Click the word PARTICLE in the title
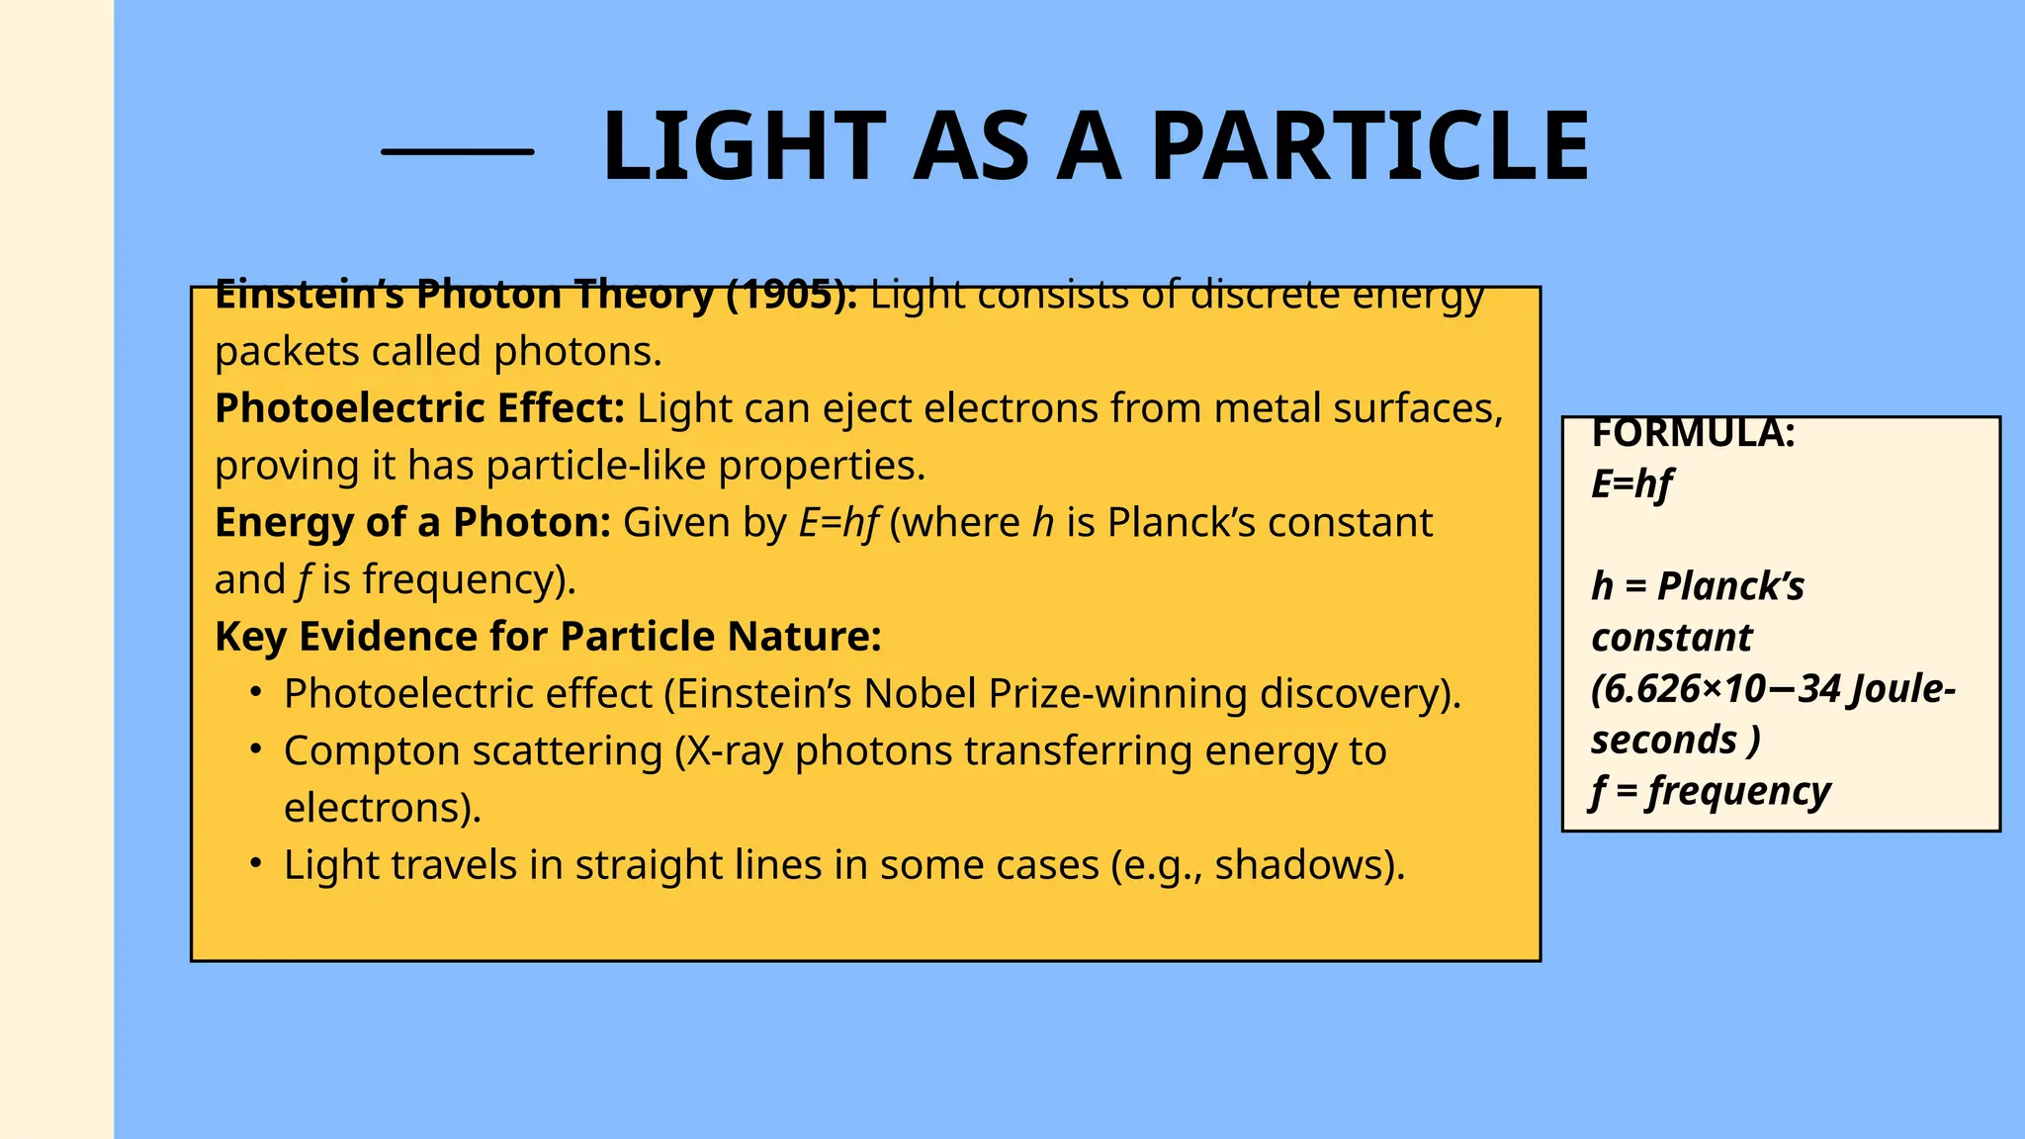pyautogui.click(x=1369, y=146)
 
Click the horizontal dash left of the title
pyautogui.click(x=457, y=151)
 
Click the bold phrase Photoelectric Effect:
pyautogui.click(x=419, y=408)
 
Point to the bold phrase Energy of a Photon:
pyautogui.click(x=412, y=522)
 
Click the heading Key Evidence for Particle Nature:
pyautogui.click(x=547, y=636)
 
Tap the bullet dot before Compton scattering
pyautogui.click(x=255, y=750)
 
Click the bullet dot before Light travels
pyautogui.click(x=255, y=864)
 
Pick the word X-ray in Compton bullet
pyautogui.click(x=735, y=751)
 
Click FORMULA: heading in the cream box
pyautogui.click(x=1693, y=434)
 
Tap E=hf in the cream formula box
pyautogui.click(x=1631, y=484)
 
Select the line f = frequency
pyautogui.click(x=1711, y=791)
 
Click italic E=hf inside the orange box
pyautogui.click(x=837, y=523)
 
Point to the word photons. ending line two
pyautogui.click(x=577, y=352)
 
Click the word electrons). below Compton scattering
pyautogui.click(x=383, y=808)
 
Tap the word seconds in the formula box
pyautogui.click(x=1664, y=740)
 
